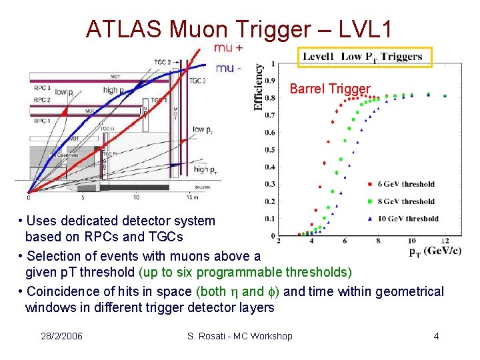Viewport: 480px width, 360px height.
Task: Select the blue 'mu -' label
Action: (228, 68)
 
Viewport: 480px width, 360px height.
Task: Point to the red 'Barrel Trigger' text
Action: (330, 89)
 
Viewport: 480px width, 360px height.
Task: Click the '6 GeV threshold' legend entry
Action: (405, 184)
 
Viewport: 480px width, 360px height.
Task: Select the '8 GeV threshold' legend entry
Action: (405, 201)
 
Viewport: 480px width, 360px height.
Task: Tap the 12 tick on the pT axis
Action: (445, 241)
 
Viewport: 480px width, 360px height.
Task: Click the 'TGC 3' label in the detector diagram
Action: (197, 81)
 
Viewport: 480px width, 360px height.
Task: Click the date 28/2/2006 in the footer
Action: (61, 336)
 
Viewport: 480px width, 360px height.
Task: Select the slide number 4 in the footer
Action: (436, 336)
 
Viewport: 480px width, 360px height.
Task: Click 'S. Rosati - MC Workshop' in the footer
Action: (239, 336)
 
